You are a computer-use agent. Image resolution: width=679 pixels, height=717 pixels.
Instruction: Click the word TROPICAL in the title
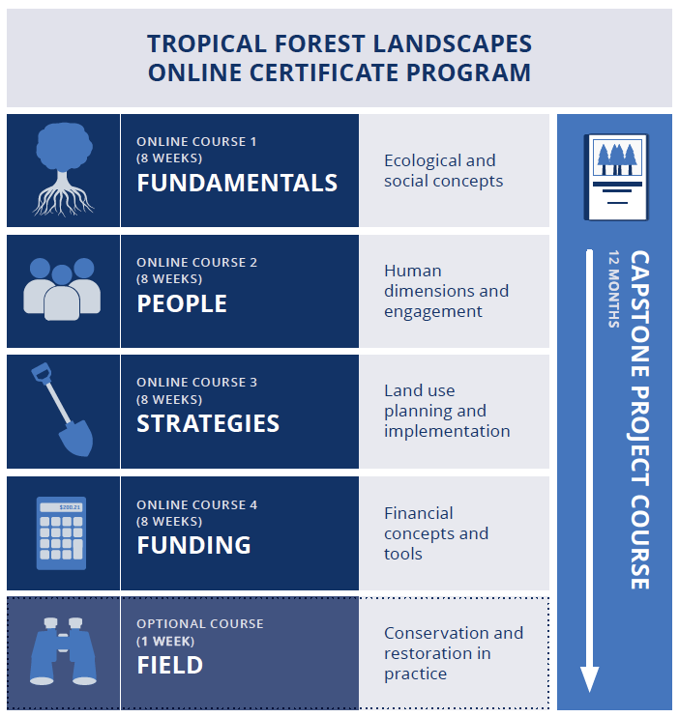207,43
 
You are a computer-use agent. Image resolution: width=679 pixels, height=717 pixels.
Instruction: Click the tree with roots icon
64,169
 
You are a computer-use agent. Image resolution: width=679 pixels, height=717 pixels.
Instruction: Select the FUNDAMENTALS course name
237,183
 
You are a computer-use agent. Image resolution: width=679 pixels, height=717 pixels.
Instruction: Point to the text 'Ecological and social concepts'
443,171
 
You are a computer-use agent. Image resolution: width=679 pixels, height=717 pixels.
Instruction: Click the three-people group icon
62,289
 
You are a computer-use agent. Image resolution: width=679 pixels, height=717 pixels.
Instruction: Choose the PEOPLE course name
182,303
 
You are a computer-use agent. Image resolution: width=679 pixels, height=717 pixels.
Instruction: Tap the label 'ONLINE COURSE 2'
197,263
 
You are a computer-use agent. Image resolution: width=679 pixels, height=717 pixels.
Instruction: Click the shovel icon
63,410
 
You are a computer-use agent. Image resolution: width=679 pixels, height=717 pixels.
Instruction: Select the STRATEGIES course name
208,423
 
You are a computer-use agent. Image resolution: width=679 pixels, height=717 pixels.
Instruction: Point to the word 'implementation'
447,431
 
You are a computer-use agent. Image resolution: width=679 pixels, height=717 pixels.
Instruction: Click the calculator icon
61,533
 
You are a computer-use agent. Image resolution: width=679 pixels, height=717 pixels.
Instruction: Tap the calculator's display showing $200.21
61,507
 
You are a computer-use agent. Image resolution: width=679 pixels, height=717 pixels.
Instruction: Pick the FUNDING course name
193,545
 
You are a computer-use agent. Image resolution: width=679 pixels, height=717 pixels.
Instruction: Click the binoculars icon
63,651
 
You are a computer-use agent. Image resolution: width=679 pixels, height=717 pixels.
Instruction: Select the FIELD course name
170,665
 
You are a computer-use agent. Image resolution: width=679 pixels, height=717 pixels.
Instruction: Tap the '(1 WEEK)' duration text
165,641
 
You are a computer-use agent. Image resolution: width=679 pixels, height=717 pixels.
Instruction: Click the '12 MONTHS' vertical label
614,289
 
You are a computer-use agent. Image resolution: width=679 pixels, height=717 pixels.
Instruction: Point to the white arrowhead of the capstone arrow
590,679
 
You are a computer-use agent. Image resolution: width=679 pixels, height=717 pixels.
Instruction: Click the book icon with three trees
616,178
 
